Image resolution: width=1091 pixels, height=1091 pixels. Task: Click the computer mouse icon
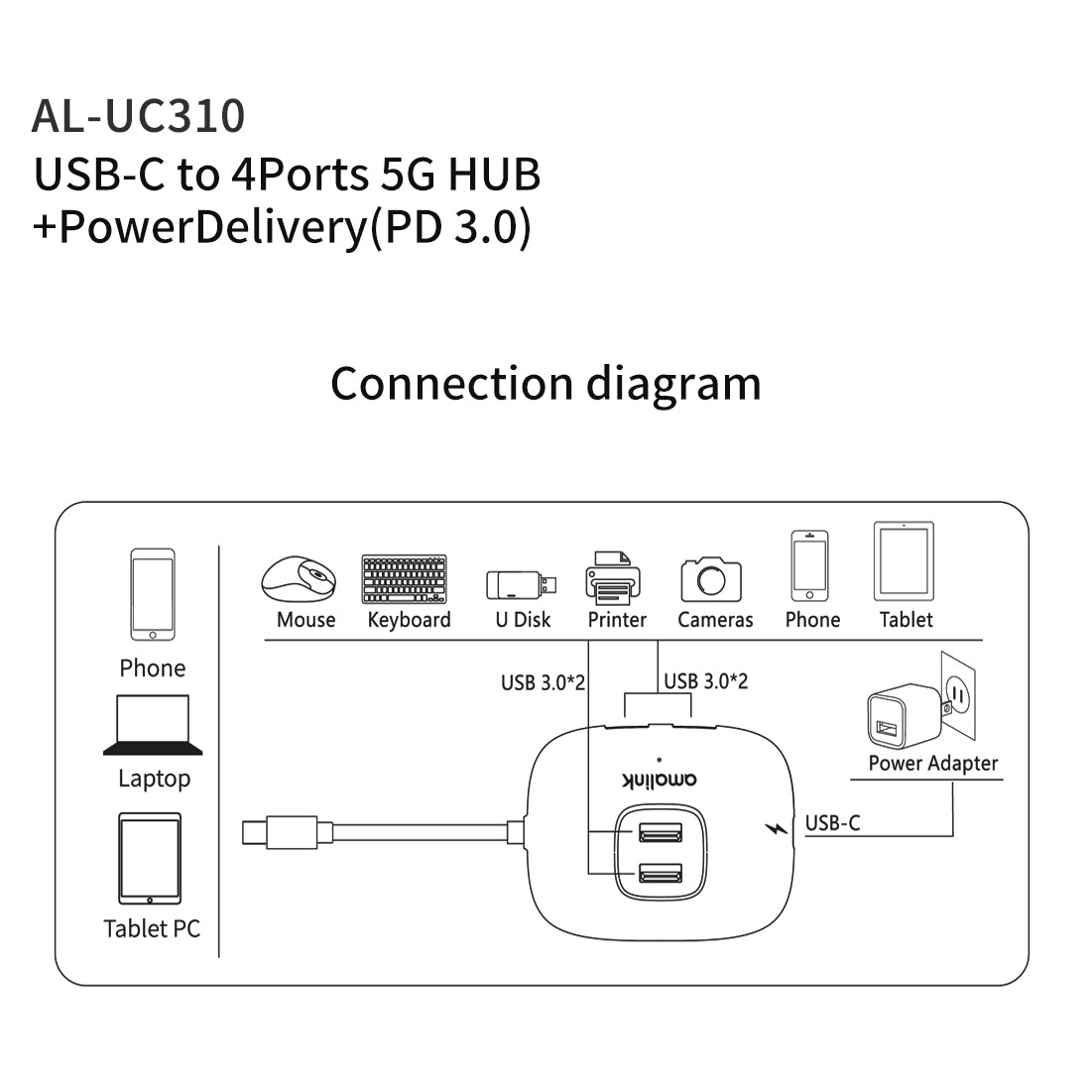[299, 578]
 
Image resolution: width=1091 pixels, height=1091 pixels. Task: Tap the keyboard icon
[405, 579]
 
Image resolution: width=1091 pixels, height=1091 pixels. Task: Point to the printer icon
[614, 577]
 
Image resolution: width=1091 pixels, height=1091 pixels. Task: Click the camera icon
[711, 578]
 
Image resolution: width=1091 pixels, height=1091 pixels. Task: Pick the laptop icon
[153, 725]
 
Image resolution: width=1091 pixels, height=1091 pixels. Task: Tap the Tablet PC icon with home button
[150, 859]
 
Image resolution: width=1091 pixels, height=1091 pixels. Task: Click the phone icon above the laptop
[153, 594]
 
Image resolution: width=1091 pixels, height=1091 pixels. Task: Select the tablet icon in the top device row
[904, 561]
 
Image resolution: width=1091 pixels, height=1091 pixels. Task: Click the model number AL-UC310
[138, 115]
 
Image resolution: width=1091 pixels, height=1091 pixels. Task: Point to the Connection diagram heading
[545, 383]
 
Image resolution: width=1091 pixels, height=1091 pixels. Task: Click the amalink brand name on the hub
[660, 780]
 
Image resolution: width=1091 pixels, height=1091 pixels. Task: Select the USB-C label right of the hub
[832, 823]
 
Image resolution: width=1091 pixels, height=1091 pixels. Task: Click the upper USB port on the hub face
[661, 831]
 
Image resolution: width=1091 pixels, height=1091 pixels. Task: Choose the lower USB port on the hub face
[661, 874]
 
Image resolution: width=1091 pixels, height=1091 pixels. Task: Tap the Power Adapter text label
[932, 763]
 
